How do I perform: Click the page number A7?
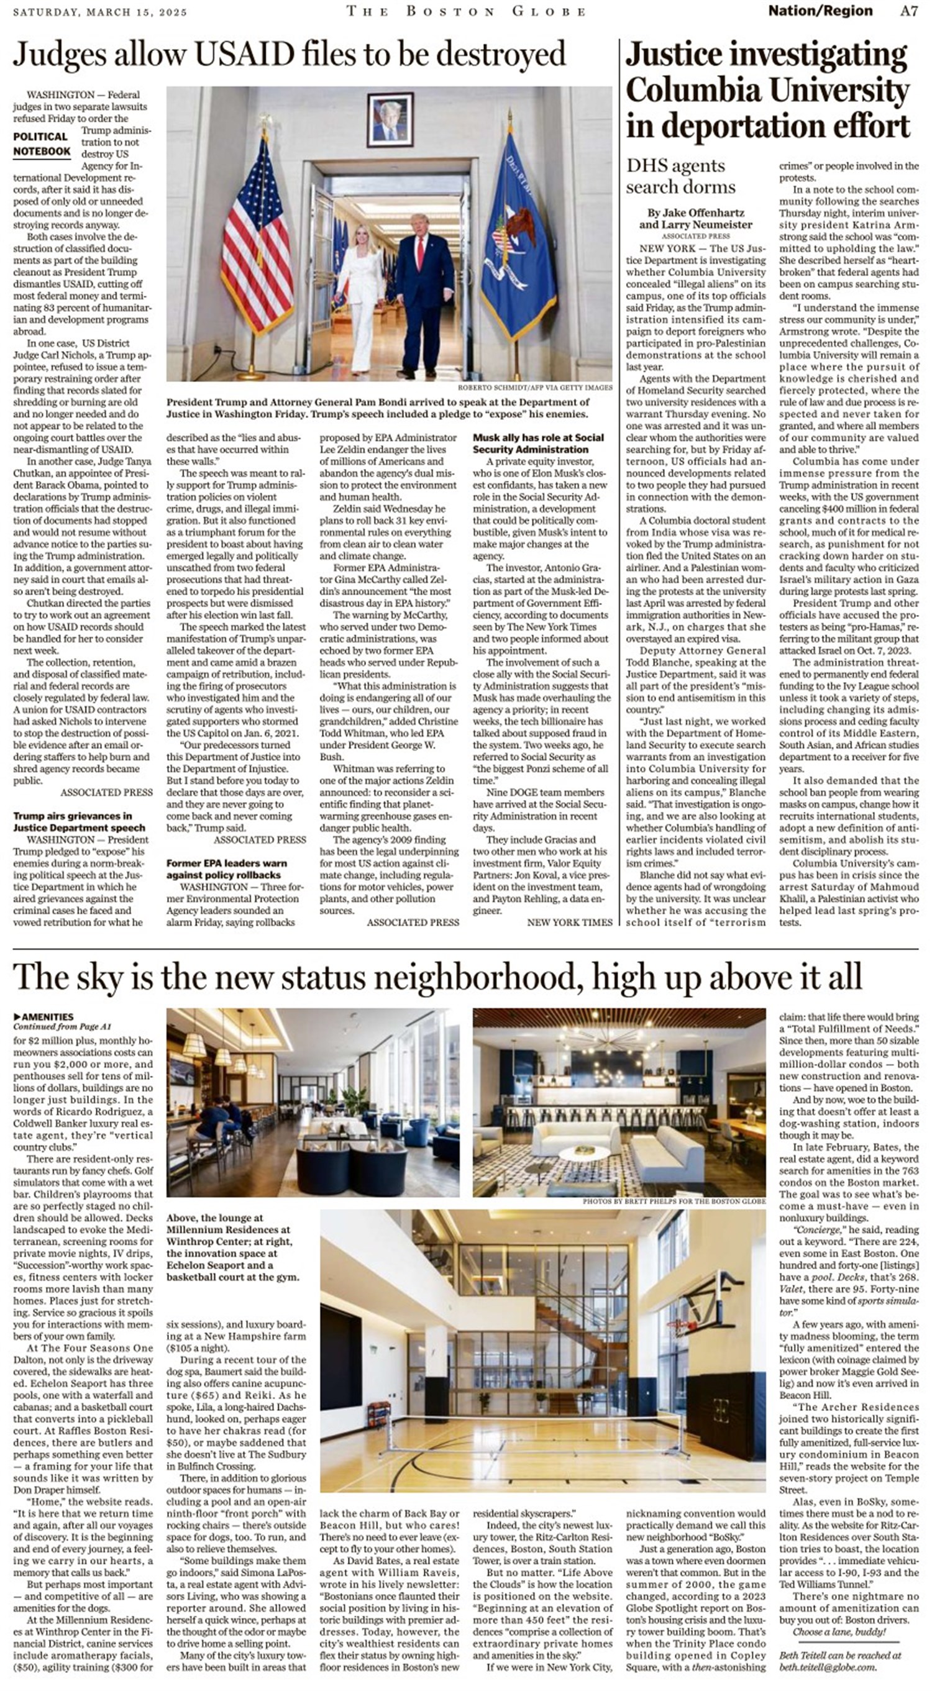point(908,11)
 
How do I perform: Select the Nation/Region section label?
point(820,11)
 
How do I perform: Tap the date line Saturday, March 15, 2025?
point(100,12)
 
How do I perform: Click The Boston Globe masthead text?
point(465,11)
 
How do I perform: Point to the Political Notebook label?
point(42,144)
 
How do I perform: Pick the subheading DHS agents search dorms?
point(680,176)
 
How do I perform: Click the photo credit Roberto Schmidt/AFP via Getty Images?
point(535,388)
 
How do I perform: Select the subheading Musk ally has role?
point(538,443)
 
